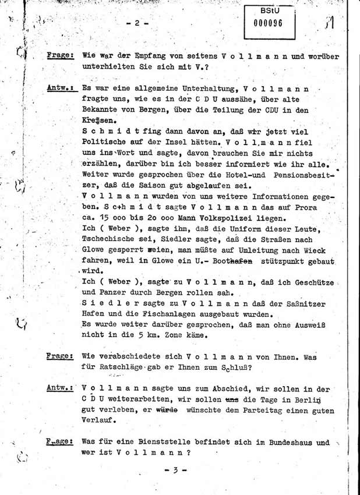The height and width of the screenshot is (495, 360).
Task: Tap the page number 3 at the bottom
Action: point(175,470)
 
